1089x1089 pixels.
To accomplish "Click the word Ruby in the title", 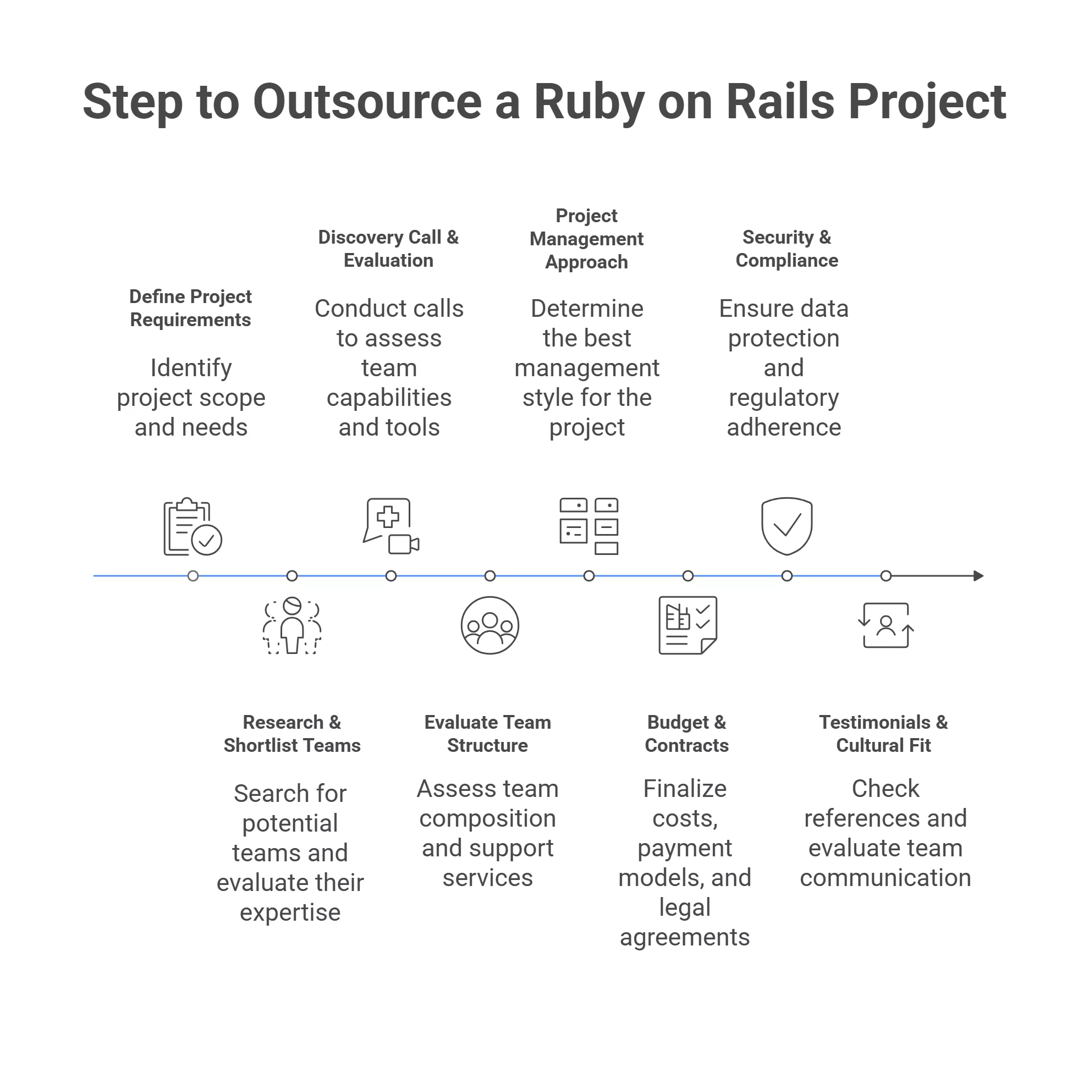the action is (588, 103).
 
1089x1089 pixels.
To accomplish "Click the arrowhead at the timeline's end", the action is (978, 576).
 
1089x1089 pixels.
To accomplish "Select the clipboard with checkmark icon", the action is (191, 527).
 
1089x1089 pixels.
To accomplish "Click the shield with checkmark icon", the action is (787, 525).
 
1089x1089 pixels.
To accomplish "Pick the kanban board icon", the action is (589, 526).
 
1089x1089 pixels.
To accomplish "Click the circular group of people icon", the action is (490, 626).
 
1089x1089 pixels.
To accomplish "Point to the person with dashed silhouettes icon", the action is (292, 626).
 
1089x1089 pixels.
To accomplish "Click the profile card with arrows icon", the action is (886, 626).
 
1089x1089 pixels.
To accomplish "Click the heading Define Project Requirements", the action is (190, 309).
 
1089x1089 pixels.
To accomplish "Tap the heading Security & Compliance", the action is (787, 249).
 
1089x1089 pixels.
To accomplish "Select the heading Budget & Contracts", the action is (686, 734).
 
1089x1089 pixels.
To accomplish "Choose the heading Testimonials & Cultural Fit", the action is (884, 734).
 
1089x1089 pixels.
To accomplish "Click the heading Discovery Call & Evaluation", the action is (388, 249).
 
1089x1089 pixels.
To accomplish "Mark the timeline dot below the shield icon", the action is (787, 576).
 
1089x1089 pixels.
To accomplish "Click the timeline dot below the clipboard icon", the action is (193, 576).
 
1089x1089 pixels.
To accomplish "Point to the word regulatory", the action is (784, 398).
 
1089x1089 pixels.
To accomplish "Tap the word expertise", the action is (290, 912).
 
